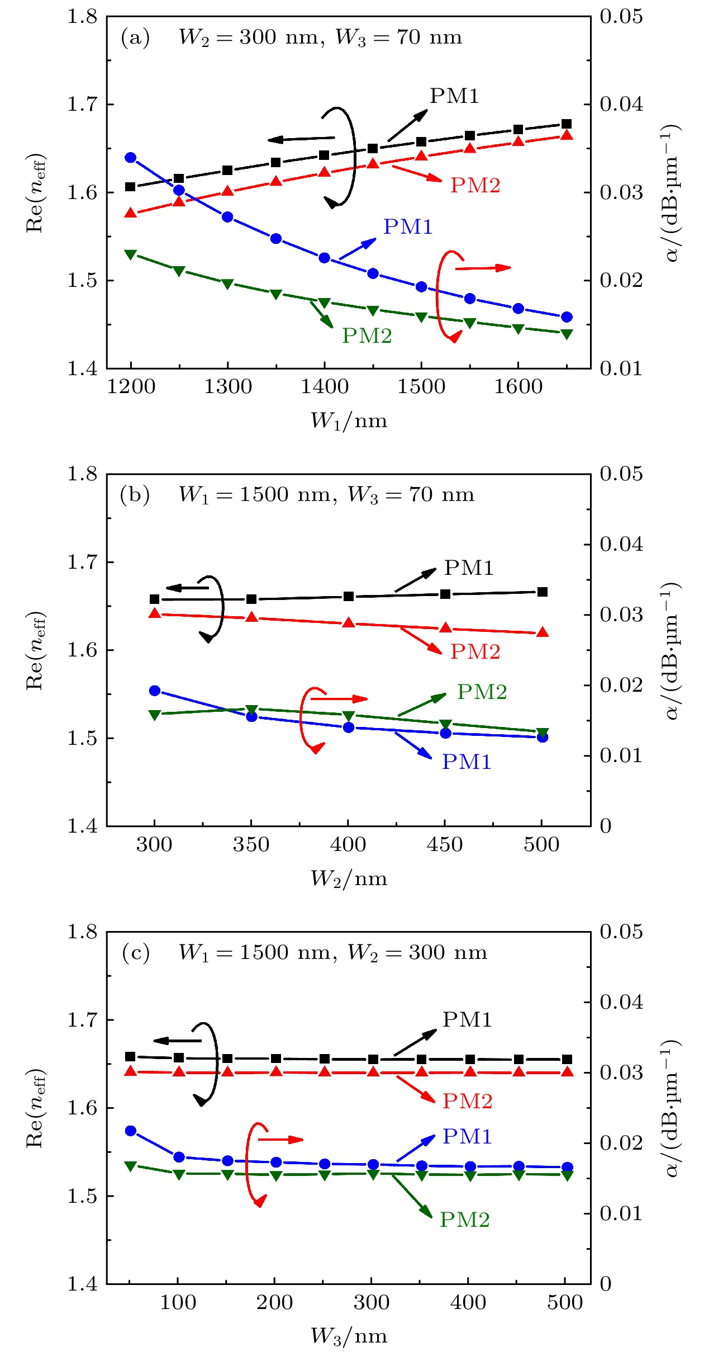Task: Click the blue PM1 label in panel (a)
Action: [x=408, y=227]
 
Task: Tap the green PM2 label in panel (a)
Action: [x=367, y=336]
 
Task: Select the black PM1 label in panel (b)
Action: [x=469, y=568]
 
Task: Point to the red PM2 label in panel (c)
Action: [x=467, y=1102]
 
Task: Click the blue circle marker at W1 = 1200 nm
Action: [x=131, y=158]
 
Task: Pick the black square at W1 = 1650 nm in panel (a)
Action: [x=567, y=124]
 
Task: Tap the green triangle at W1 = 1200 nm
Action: [x=131, y=254]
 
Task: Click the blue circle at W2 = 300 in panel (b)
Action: [x=155, y=691]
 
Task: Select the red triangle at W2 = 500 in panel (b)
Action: [x=542, y=632]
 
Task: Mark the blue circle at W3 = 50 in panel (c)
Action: [x=131, y=1131]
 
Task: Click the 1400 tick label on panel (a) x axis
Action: [x=324, y=387]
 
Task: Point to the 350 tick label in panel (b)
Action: [x=251, y=844]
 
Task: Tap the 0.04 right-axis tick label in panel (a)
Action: [x=621, y=104]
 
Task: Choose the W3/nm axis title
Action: [x=349, y=1336]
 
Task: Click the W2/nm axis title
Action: [x=349, y=878]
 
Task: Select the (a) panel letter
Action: [x=135, y=38]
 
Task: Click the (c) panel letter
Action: [x=135, y=953]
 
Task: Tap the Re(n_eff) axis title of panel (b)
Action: [x=36, y=650]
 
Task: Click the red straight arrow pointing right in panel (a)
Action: [x=483, y=268]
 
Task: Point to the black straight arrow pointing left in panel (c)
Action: [x=177, y=1041]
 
